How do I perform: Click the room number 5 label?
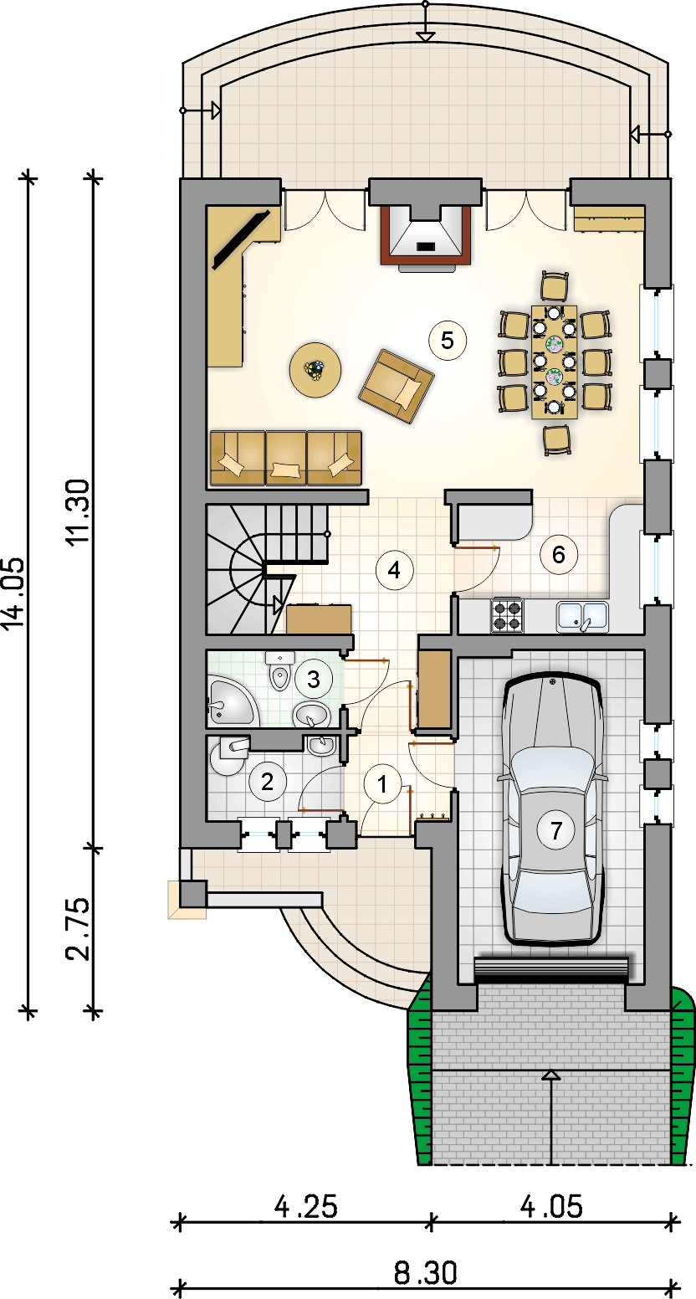coord(447,341)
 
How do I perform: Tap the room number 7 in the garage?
coord(556,829)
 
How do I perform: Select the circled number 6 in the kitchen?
coord(558,554)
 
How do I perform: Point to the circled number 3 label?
coord(314,679)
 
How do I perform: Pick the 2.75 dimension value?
coord(79,929)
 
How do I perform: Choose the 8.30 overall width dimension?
coord(425,1274)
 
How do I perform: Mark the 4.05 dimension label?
coord(551,1207)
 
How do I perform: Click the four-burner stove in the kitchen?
coord(507,616)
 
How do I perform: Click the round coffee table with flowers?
coord(315,369)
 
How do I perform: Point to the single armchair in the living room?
coord(397,386)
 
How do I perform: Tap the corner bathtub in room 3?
coord(231,701)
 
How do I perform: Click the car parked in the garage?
coord(554,811)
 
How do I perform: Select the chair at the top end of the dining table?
coord(555,286)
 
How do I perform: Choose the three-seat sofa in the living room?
coord(286,458)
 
